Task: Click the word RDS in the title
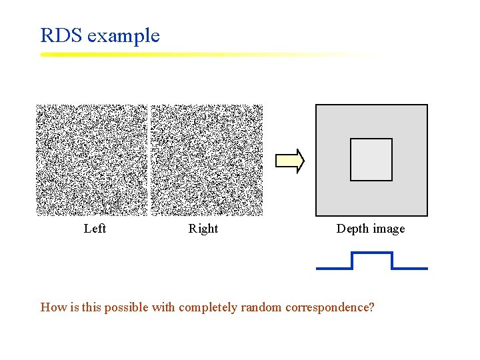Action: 61,35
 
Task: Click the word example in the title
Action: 124,36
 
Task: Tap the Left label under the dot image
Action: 95,229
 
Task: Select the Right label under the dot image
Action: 203,229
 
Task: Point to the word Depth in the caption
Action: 351,229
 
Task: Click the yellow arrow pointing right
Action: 290,161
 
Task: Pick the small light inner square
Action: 371,159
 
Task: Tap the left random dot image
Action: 91,160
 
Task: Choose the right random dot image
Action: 207,160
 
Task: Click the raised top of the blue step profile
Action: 371,253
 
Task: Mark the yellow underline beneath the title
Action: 200,55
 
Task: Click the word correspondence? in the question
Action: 329,308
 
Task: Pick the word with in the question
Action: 163,307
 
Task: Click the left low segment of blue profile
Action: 334,268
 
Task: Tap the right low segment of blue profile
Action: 409,268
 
